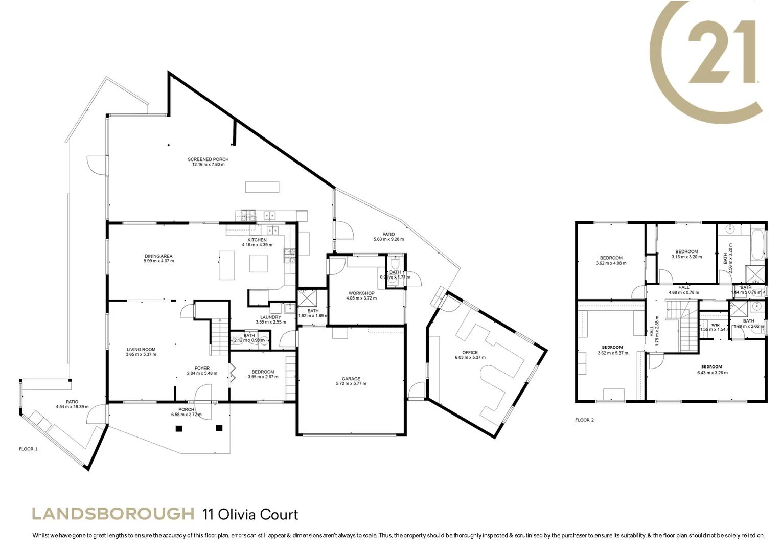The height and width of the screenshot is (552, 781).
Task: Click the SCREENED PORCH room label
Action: [208, 159]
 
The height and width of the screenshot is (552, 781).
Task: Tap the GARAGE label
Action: [351, 379]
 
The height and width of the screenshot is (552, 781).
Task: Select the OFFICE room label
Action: [470, 352]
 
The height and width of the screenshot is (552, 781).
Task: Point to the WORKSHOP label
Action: [361, 293]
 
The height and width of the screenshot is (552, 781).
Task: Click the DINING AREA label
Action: [158, 256]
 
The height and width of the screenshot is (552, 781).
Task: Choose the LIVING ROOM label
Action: [141, 350]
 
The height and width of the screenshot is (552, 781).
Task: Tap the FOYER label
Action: [202, 368]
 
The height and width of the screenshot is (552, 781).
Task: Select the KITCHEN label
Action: [257, 240]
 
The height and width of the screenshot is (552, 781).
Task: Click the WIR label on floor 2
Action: [715, 325]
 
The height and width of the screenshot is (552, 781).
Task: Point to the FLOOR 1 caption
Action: [28, 449]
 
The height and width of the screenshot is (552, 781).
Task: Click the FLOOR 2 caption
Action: [584, 420]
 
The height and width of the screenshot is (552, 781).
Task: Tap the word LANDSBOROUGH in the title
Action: [113, 513]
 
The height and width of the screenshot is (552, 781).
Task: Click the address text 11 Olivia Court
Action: [250, 514]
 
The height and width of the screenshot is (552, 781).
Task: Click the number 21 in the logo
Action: [722, 53]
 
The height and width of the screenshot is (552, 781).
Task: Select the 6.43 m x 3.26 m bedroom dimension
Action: [711, 373]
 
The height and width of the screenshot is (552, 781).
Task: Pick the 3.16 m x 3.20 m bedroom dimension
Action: [686, 257]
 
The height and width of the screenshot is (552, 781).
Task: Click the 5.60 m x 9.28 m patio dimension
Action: [388, 239]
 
